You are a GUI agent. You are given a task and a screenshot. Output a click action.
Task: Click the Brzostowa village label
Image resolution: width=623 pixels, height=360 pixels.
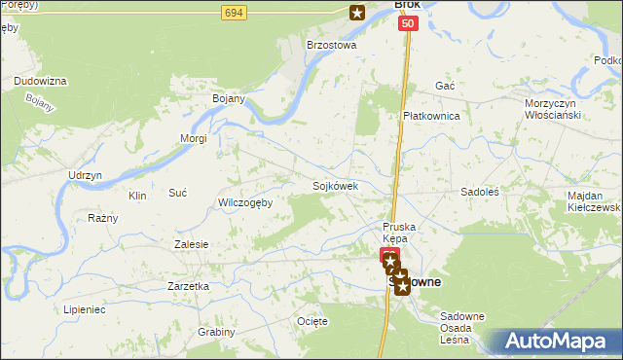point(332,45)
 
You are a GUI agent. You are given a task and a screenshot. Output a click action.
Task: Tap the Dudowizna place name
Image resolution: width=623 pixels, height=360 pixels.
point(40,81)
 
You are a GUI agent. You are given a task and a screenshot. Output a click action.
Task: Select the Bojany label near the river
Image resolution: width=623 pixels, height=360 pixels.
point(228,98)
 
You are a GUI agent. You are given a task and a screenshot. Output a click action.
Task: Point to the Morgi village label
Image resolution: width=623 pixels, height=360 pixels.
point(194,138)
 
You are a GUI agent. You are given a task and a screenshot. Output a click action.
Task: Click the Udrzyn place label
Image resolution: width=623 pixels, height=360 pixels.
point(85,175)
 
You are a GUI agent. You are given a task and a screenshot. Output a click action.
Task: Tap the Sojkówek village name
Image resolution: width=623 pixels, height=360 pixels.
point(336,185)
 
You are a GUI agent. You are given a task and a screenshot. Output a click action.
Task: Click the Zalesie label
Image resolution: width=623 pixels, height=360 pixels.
point(191,244)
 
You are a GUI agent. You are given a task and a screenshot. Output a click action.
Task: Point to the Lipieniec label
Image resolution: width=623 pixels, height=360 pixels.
point(84,308)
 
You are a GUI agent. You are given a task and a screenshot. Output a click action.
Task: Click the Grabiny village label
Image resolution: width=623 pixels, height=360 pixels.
point(216,332)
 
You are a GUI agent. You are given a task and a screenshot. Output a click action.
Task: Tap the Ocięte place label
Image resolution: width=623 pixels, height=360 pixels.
point(312,320)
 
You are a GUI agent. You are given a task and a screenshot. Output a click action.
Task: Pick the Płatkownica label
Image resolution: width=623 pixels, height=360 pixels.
point(431,116)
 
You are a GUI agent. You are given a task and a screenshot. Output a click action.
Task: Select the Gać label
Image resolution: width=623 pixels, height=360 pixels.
point(445,86)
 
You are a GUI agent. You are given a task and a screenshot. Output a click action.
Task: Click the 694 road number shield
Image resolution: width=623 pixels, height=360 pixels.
point(233,13)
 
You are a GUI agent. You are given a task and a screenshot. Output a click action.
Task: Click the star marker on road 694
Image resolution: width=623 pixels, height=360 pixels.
point(357,13)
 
